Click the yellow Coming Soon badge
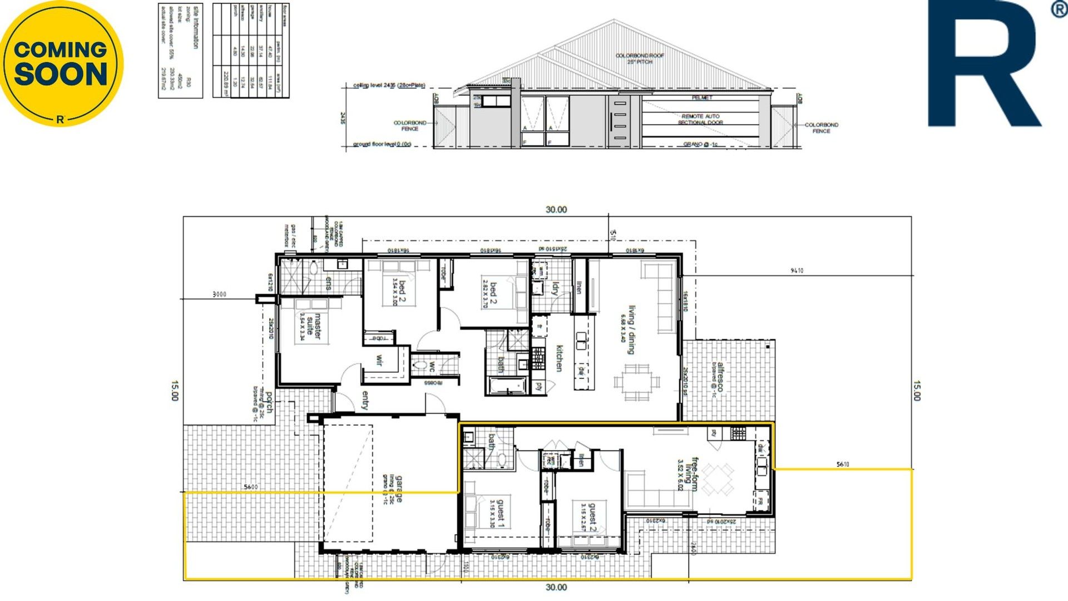point(61,63)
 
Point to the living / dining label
point(631,329)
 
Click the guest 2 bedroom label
point(592,517)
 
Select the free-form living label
point(690,474)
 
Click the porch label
point(269,401)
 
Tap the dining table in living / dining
point(637,382)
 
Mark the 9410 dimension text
point(797,270)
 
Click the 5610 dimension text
point(843,464)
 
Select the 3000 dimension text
point(220,294)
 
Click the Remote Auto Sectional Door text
point(700,119)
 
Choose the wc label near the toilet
point(432,367)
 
